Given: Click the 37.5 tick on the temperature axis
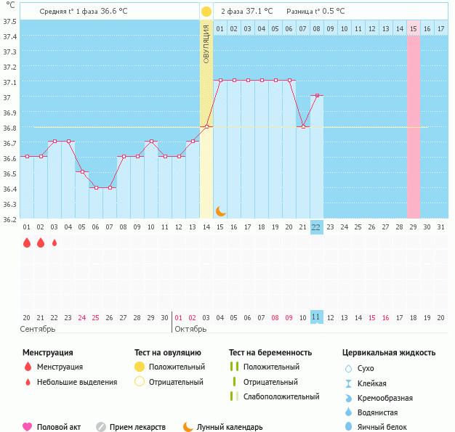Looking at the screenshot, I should click(9, 21).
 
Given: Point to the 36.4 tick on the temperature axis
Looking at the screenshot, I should click(9, 188).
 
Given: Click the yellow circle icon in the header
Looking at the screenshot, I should click(206, 12).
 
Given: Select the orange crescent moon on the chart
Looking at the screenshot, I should click(220, 211).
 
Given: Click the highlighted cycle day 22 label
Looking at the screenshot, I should click(316, 227).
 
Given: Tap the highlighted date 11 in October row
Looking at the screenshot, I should click(316, 317).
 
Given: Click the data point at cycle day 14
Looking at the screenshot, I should click(206, 126).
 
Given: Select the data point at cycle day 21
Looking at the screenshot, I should click(303, 126).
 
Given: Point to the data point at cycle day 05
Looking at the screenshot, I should click(82, 172).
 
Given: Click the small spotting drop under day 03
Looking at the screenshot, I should click(54, 243).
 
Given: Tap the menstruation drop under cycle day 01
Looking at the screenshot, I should click(26, 243).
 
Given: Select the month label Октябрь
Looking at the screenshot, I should click(191, 329).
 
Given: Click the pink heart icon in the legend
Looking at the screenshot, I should click(28, 427).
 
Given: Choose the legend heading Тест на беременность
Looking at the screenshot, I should click(270, 352).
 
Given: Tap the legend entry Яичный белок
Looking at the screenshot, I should click(382, 427).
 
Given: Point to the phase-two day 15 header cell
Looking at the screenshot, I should click(413, 28).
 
